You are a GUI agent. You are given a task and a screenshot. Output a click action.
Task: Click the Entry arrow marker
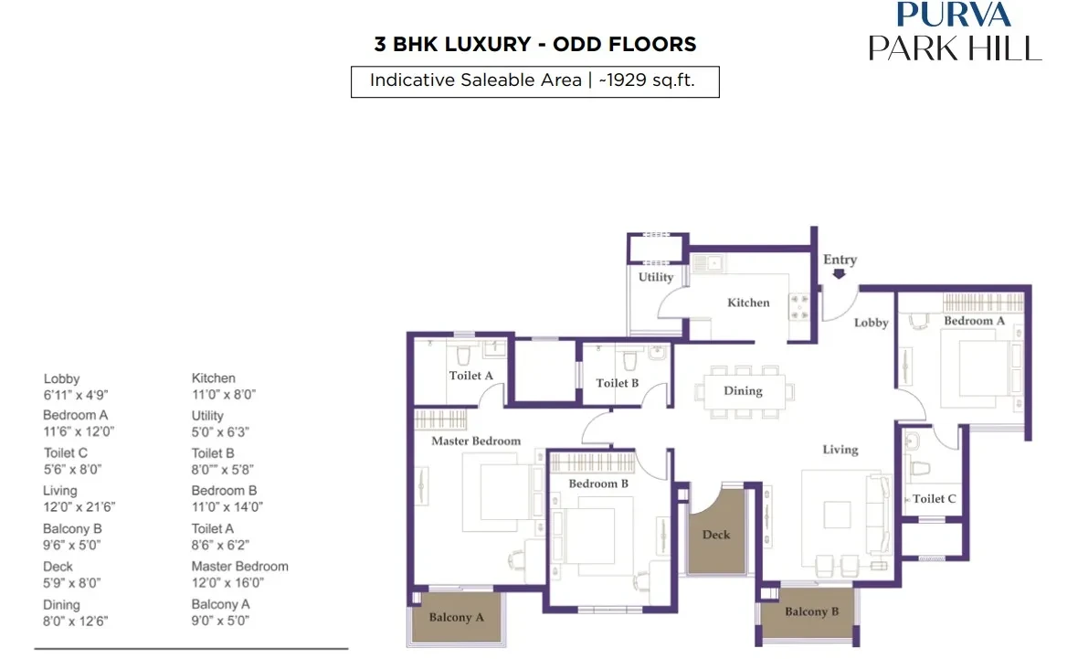[x=839, y=274]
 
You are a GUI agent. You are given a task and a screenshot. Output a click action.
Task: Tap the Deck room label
[x=716, y=535]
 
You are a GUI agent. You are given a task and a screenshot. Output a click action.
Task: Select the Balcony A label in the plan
[x=457, y=617]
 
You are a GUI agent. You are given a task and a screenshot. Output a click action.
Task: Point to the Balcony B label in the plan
[x=812, y=611]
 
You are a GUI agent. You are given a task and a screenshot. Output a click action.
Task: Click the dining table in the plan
[x=744, y=390]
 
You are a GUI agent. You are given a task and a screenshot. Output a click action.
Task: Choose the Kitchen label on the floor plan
[x=749, y=303]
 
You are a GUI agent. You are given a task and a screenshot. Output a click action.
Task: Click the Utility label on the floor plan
[x=656, y=277]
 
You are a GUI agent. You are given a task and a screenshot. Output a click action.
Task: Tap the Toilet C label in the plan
[x=935, y=499]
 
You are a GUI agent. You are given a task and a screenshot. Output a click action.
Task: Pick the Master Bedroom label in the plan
[x=477, y=441]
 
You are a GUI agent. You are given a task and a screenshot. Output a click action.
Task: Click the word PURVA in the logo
[x=954, y=14]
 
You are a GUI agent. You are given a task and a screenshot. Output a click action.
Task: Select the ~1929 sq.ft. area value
[x=647, y=80]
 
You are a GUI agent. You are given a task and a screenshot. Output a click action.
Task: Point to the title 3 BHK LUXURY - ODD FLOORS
[x=534, y=44]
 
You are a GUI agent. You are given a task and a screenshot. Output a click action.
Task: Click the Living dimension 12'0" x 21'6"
[x=79, y=507]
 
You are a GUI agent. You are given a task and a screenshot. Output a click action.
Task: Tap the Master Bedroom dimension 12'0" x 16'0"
[x=227, y=582]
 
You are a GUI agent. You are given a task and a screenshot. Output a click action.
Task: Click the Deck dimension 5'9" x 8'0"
[x=71, y=582]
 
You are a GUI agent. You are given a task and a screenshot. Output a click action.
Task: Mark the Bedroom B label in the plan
[x=598, y=484]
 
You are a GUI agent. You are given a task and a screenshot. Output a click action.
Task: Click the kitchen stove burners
[x=799, y=307]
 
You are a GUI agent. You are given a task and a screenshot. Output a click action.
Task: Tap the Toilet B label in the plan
[x=618, y=383]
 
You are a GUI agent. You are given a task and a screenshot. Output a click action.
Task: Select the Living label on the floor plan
[x=840, y=450]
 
